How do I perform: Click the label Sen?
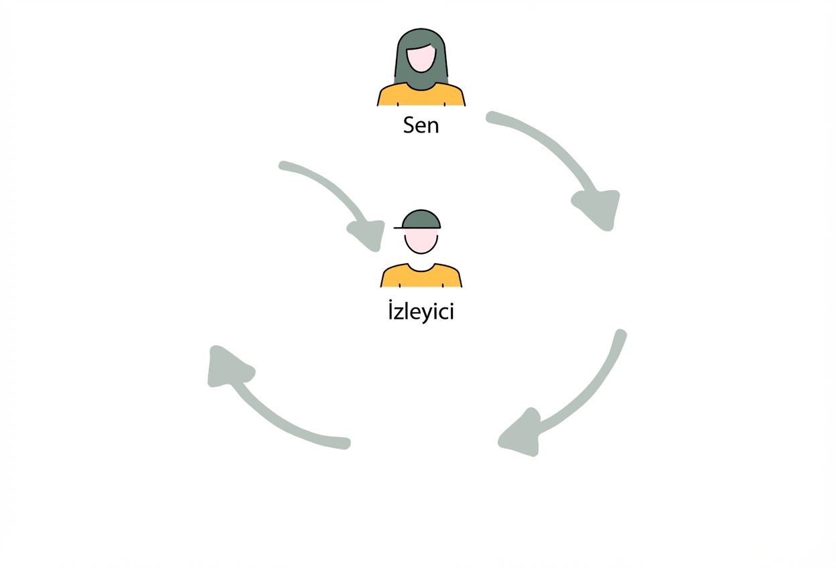click(421, 125)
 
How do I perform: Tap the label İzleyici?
click(421, 311)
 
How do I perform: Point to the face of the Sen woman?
click(421, 59)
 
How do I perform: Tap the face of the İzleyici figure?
click(421, 241)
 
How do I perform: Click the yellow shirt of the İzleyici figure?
click(421, 276)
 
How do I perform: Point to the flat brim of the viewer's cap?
click(399, 227)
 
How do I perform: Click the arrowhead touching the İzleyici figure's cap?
click(368, 235)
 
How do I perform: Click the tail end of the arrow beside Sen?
click(491, 117)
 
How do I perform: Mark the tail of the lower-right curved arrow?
click(620, 335)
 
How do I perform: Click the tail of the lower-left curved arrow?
click(345, 443)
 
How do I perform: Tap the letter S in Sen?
click(409, 125)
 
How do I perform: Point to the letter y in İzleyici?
click(426, 314)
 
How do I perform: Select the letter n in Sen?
click(433, 127)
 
